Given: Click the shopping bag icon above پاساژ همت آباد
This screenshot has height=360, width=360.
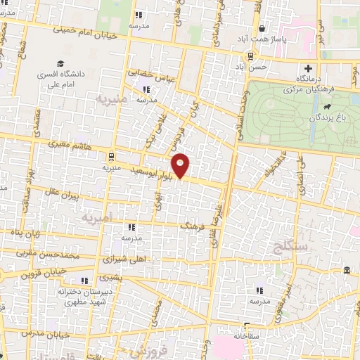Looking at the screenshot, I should (262, 29).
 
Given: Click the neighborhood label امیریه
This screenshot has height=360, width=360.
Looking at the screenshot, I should (97, 219).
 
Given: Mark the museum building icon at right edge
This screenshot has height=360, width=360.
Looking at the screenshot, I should (347, 271).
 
